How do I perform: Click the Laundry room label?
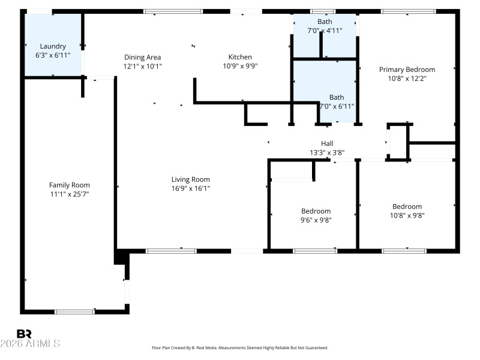click(53, 46)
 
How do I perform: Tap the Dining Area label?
click(142, 57)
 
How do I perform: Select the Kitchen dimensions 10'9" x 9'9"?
click(239, 66)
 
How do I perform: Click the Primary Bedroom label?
click(407, 70)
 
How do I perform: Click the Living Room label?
click(190, 179)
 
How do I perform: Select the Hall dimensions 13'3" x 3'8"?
click(327, 152)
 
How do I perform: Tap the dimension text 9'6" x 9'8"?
click(316, 220)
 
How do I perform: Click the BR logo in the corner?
click(24, 334)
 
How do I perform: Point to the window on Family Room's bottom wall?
click(74, 311)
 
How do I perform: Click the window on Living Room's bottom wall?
click(163, 250)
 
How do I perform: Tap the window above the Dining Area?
click(173, 11)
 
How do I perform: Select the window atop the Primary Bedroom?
click(408, 11)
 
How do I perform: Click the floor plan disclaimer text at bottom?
click(240, 347)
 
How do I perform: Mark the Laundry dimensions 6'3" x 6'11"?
click(53, 55)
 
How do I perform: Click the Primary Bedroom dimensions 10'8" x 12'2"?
click(407, 79)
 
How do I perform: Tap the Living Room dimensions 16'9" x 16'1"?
click(190, 188)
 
